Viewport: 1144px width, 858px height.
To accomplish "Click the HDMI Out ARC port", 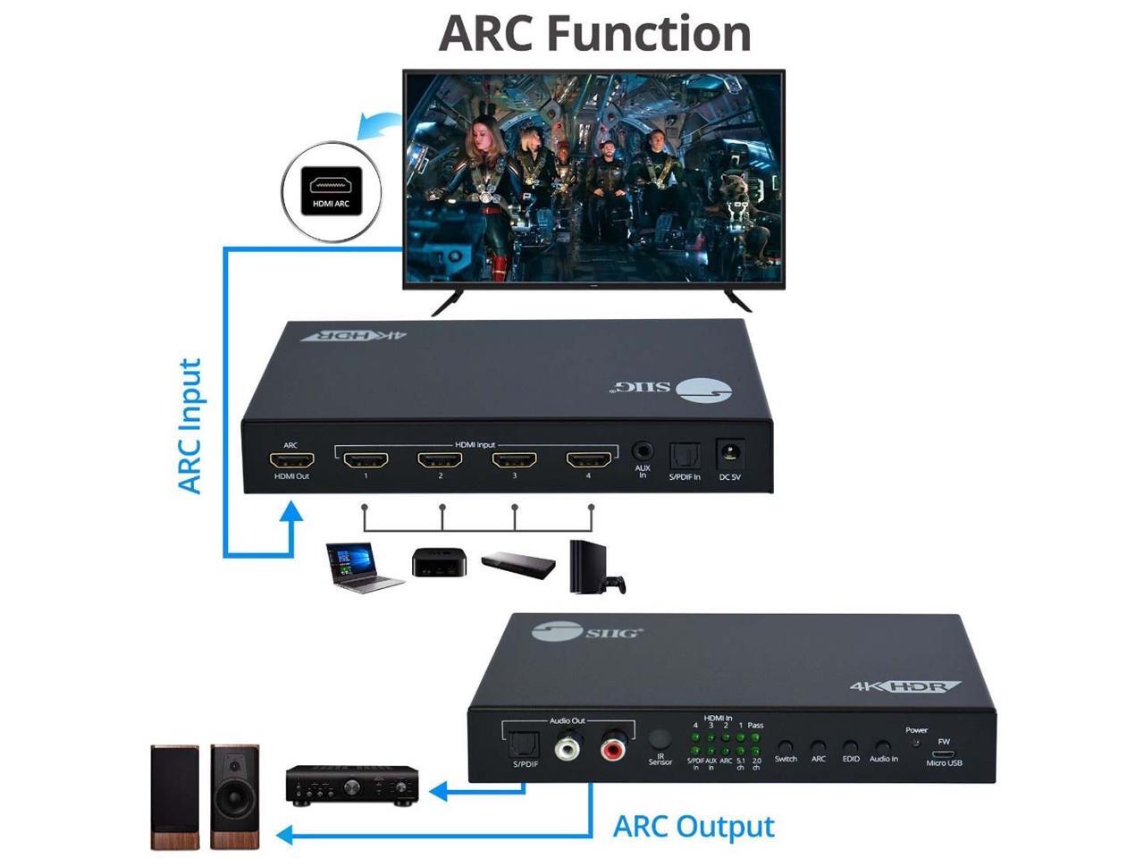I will point(291,461).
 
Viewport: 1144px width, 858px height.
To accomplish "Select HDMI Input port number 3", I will point(514,460).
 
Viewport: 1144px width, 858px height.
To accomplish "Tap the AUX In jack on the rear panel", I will point(642,452).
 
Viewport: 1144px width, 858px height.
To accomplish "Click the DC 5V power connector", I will point(730,454).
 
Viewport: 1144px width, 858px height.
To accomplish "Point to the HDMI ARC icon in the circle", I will point(332,190).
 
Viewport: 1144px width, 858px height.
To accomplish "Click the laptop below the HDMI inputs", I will point(362,567).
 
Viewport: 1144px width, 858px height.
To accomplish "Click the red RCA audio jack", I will point(613,746).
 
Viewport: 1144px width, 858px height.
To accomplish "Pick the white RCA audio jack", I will point(568,746).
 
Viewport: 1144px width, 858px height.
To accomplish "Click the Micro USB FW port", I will point(944,753).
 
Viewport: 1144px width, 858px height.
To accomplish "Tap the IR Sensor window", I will point(660,739).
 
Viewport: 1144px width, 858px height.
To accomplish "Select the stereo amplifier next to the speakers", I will point(351,783).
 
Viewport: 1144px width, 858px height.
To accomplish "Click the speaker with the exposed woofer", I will point(235,795).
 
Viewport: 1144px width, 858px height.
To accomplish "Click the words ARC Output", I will point(694,827).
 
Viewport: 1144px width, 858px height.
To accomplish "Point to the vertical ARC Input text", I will point(189,426).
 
